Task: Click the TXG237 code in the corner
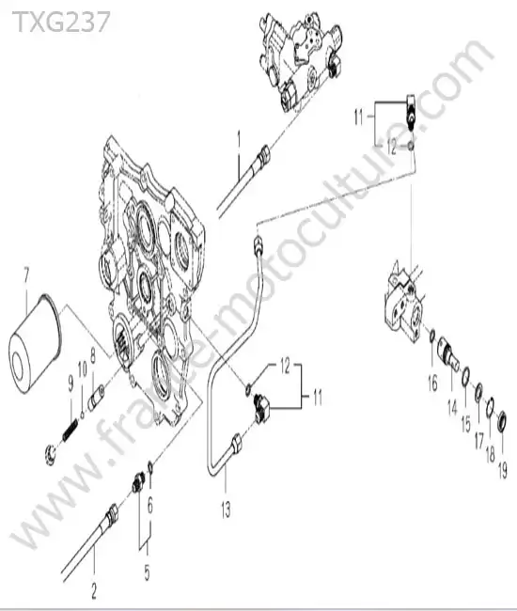pos(61,22)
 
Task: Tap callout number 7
pos(26,275)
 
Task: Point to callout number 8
pos(93,355)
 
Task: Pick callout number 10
pos(82,369)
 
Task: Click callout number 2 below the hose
pos(94,590)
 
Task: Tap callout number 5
pos(147,572)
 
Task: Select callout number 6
pos(150,506)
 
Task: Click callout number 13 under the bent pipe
pos(226,510)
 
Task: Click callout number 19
pos(503,470)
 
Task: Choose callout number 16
pos(432,384)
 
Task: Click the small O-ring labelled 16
pos(432,335)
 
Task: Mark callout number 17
pos(478,442)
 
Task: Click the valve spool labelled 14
pos(448,351)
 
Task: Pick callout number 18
pos(491,454)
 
